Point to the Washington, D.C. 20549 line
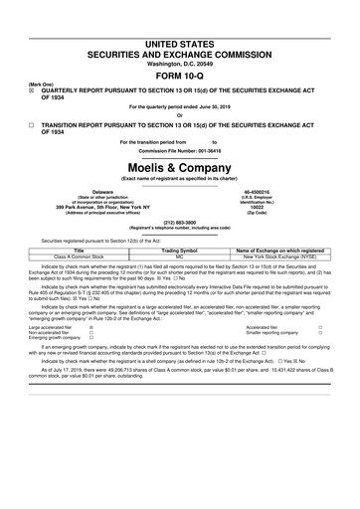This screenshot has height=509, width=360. tap(180, 36)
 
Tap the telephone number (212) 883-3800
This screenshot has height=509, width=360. tap(180, 223)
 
